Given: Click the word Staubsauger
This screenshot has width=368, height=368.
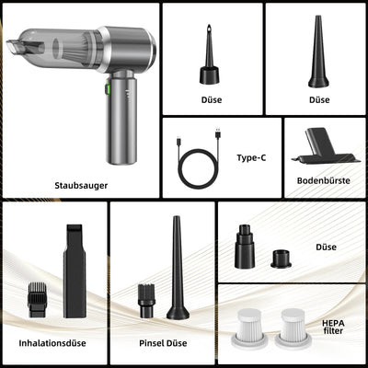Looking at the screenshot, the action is [x=81, y=186].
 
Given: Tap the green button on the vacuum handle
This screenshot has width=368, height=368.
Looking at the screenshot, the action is [x=108, y=89].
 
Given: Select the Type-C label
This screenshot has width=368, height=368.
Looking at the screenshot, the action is [x=251, y=157].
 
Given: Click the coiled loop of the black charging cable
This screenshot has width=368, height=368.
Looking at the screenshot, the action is [x=199, y=168].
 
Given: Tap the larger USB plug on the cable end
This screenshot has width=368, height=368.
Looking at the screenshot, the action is [x=218, y=133].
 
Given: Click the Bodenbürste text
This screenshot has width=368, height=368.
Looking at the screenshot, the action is [x=324, y=180].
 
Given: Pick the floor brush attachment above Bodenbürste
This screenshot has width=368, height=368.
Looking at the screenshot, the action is [x=325, y=146].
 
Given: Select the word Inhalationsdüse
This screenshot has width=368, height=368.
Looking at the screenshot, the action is [x=52, y=343].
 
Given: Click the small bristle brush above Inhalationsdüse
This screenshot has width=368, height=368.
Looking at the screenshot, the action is [x=37, y=300].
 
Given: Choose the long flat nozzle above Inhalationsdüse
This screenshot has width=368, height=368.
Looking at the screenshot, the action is [x=75, y=271].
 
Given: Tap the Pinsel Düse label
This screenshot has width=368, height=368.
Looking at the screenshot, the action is [x=163, y=343].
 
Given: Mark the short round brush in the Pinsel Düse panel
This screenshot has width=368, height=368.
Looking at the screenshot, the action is [x=146, y=301].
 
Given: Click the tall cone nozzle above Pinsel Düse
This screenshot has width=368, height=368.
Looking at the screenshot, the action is [x=178, y=268].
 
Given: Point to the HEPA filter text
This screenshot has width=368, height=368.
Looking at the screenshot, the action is [x=333, y=327].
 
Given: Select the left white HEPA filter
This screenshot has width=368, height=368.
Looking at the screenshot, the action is [x=249, y=328].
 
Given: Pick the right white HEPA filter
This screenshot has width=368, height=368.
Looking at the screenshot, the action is [x=293, y=328].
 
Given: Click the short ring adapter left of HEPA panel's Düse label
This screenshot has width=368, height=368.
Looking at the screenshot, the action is [x=281, y=259].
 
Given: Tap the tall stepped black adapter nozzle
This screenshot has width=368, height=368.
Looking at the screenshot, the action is [x=245, y=247].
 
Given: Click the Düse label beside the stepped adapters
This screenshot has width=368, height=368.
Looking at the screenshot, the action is [x=326, y=247].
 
